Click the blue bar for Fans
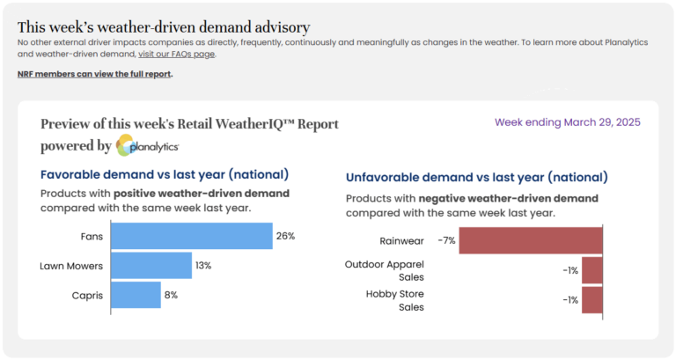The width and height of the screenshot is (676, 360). coord(191,236)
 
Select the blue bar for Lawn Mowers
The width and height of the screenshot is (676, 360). coord(151,265)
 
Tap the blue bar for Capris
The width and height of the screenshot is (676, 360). coord(135,295)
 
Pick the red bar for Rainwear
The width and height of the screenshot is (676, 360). coord(531,240)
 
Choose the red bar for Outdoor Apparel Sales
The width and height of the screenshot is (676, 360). coord(592,270)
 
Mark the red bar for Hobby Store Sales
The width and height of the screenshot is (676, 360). coord(592,299)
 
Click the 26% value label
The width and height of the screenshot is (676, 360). coord(285,236)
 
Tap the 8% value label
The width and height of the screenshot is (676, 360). coord(171,295)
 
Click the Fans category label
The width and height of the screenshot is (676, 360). coord(92,236)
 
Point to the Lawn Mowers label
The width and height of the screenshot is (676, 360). coord(72,265)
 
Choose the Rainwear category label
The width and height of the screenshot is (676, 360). coord(403,240)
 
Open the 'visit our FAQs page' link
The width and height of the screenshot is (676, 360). coord(176,54)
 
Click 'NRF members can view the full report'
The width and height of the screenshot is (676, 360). coord(95,74)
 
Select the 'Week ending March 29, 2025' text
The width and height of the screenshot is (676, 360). coord(567,122)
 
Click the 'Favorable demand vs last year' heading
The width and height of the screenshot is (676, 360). coord(165,174)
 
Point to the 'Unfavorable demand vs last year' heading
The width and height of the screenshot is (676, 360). coord(476,178)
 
